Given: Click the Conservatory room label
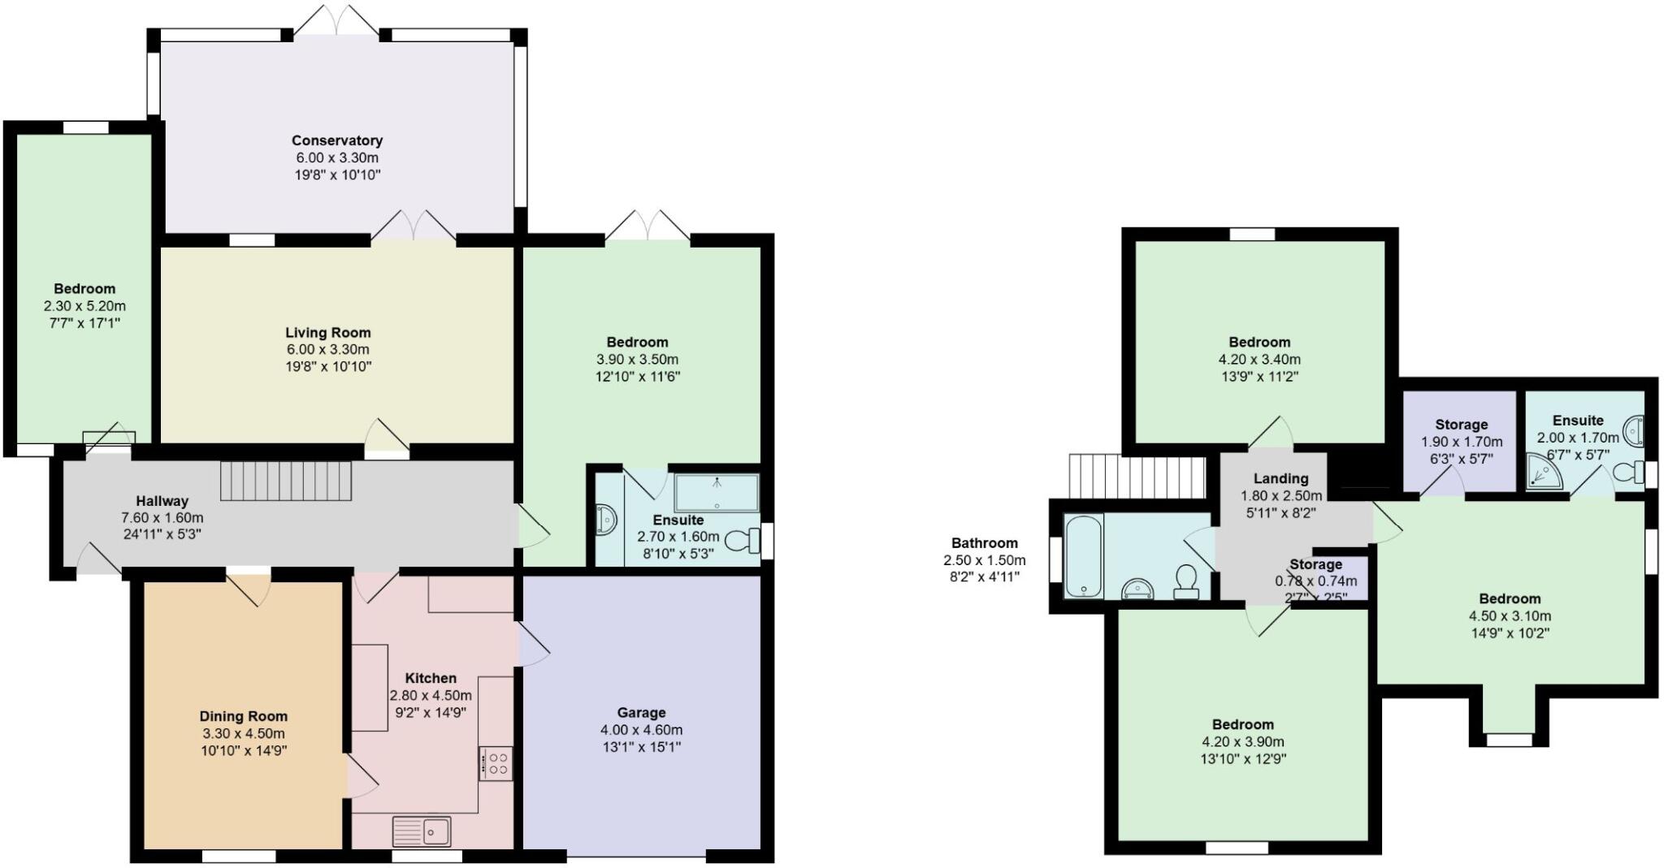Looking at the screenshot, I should click(x=336, y=140).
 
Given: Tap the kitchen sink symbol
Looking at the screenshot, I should click(x=422, y=831).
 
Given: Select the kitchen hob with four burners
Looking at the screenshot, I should click(x=496, y=763).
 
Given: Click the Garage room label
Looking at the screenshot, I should click(x=641, y=713).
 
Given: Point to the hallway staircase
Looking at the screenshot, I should click(x=286, y=482).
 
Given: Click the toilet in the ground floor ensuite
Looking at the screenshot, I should click(x=741, y=540).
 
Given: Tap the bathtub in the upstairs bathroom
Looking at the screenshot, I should click(x=1083, y=556).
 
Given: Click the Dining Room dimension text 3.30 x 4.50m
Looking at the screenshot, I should click(x=244, y=733).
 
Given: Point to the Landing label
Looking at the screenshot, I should click(x=1280, y=478).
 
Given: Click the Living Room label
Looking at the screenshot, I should click(x=327, y=332).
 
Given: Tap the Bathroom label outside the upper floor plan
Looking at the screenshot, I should click(x=984, y=543).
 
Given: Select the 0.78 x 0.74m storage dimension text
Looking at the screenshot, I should click(x=1315, y=581).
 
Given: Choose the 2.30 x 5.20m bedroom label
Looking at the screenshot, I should click(x=84, y=289).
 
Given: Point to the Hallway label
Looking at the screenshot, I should click(x=162, y=501).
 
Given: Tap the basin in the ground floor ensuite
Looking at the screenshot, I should click(x=606, y=520).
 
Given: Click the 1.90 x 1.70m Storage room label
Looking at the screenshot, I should click(x=1461, y=425).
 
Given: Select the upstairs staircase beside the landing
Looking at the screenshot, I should click(x=1136, y=476).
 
